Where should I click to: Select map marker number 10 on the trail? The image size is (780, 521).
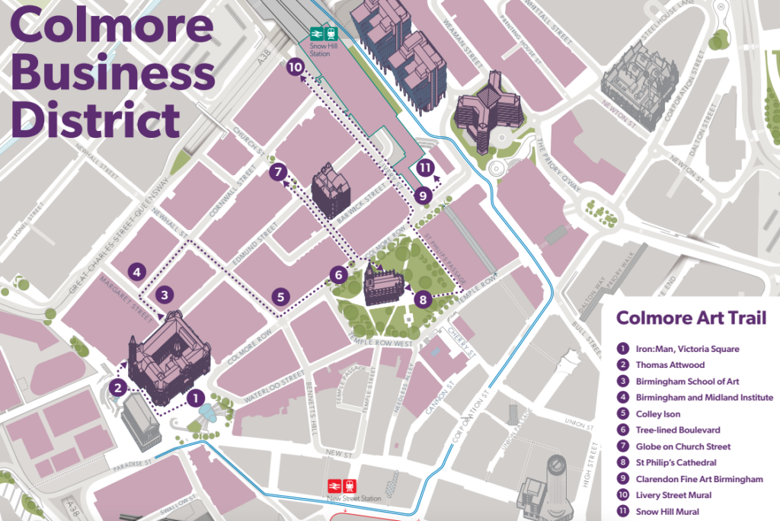tap(296, 68)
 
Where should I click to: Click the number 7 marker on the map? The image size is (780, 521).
tap(277, 172)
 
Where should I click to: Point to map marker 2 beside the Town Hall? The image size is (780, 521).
tap(117, 388)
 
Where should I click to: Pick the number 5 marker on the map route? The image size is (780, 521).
tap(280, 297)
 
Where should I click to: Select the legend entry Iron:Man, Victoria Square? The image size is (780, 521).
tap(687, 349)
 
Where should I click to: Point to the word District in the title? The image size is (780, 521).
tap(96, 120)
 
